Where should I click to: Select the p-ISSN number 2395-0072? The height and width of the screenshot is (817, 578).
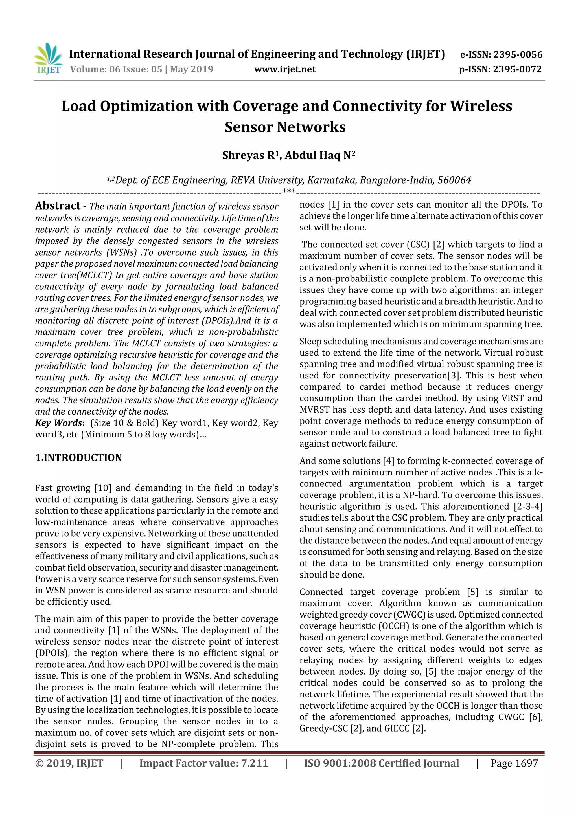pyautogui.click(x=517, y=69)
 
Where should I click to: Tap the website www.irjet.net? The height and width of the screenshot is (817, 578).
pyautogui.click(x=284, y=69)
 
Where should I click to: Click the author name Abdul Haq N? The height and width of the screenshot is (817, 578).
pyautogui.click(x=319, y=155)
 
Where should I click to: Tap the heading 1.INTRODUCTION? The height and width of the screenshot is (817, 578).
pyautogui.click(x=78, y=458)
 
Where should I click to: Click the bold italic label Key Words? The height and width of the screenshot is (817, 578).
pyautogui.click(x=59, y=423)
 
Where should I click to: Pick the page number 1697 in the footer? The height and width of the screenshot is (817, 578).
pyautogui.click(x=526, y=763)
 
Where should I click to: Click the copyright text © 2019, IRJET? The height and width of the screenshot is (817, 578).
pyautogui.click(x=69, y=763)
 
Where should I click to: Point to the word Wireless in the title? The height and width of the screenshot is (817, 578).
pyautogui.click(x=481, y=106)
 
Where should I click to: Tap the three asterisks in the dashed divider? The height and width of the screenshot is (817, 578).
pyautogui.click(x=288, y=191)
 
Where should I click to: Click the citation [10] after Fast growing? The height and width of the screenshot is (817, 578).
pyautogui.click(x=103, y=488)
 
